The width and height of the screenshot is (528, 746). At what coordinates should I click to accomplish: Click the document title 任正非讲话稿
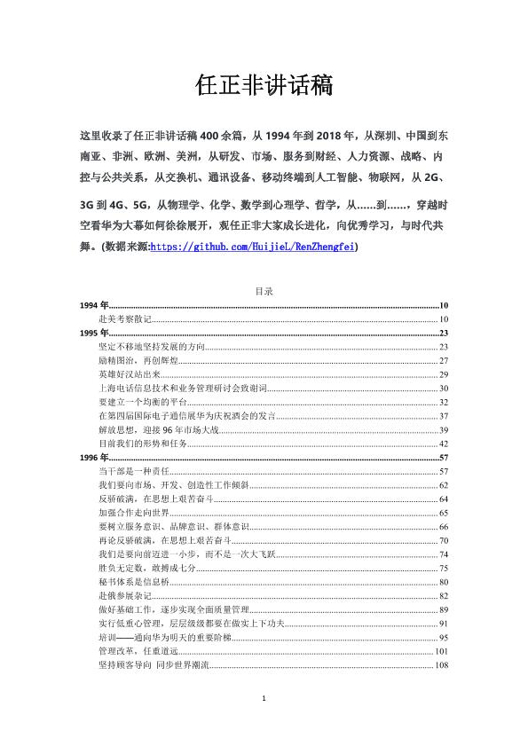tap(264, 86)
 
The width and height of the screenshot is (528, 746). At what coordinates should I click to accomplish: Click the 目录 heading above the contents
tap(264, 291)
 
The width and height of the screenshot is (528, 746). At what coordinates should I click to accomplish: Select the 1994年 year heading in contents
tap(92, 305)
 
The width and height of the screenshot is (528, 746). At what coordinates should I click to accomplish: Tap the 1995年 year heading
tap(92, 333)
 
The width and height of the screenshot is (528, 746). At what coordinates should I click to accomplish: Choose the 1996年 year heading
tap(92, 457)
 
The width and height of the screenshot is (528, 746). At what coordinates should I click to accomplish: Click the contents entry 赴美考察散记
tap(126, 318)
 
